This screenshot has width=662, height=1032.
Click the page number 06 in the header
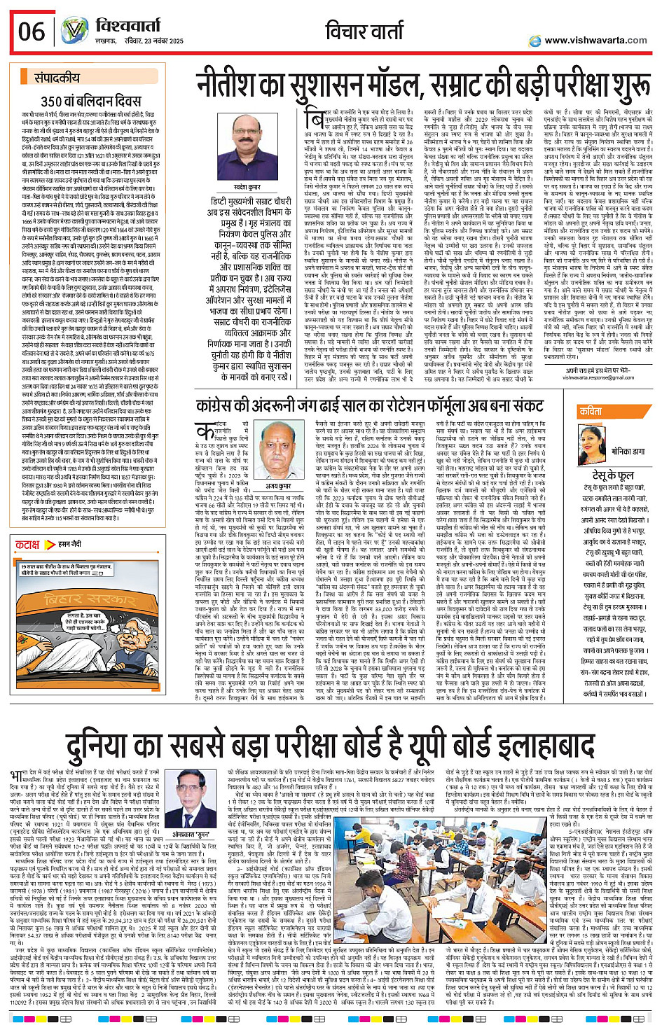[32, 32]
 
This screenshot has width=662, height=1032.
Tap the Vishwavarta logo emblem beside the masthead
[73, 32]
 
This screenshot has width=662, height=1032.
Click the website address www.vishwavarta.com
[595, 41]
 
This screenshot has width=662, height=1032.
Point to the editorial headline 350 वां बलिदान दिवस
[91, 101]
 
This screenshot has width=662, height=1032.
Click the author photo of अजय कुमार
[279, 452]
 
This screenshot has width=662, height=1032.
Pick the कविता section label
[591, 411]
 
